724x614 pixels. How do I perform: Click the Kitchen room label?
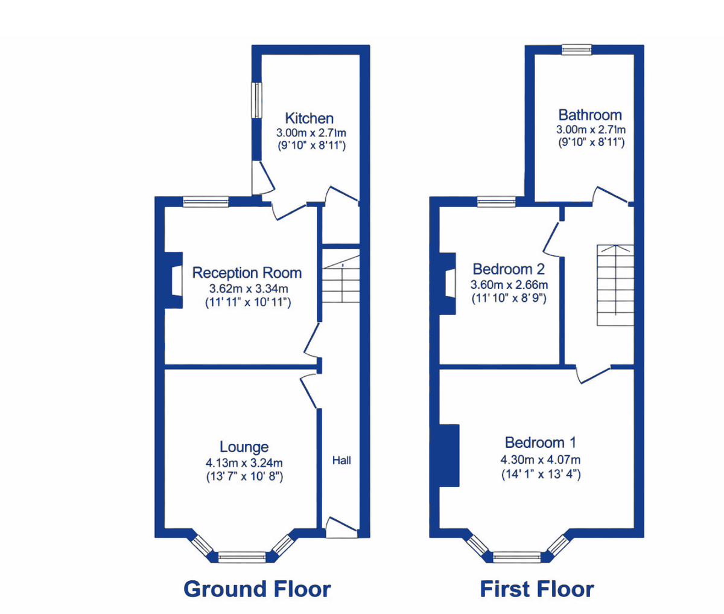[x=309, y=118]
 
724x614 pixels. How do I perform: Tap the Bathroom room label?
[x=589, y=115]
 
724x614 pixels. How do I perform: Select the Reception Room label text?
[x=247, y=273]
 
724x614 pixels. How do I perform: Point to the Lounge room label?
[x=244, y=447]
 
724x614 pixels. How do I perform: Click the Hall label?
[x=341, y=461]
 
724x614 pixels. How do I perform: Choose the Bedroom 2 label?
[x=509, y=269]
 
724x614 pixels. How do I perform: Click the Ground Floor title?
[x=257, y=589]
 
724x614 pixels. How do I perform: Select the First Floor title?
[x=536, y=589]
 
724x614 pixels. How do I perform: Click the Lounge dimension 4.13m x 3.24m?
[x=244, y=463]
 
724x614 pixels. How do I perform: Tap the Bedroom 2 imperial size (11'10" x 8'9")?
[x=509, y=298]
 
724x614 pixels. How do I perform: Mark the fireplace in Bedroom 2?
[x=448, y=283]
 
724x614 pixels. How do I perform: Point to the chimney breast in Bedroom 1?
[x=449, y=455]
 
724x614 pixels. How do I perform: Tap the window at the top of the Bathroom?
[x=577, y=50]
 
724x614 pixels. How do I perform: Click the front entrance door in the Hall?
[x=339, y=528]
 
